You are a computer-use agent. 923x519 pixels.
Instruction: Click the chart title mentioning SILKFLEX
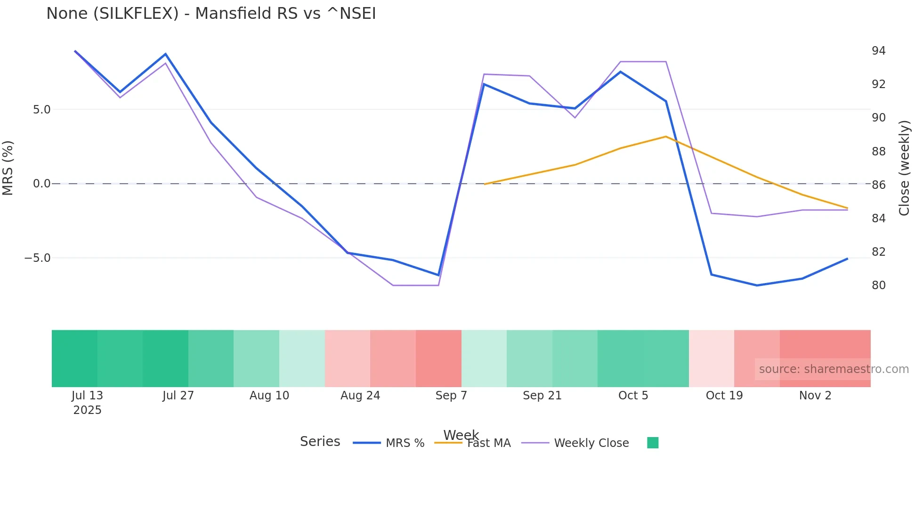[x=211, y=14]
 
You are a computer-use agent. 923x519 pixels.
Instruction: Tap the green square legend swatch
[x=652, y=443]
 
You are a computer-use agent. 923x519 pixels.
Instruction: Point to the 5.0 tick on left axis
[x=41, y=110]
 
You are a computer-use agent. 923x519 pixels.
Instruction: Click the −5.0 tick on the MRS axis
[x=38, y=258]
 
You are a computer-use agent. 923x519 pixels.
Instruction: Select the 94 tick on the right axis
[x=878, y=51]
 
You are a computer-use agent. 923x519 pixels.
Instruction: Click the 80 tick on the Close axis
[x=878, y=285]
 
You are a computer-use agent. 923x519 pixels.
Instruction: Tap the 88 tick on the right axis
[x=878, y=152]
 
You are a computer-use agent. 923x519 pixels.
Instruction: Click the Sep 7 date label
[x=451, y=396]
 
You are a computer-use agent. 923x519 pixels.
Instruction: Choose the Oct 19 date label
[x=724, y=396]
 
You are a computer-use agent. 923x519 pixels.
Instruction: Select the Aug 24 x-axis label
[x=360, y=396]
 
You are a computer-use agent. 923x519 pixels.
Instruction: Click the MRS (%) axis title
[x=8, y=168]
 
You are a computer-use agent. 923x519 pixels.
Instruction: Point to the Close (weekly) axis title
[x=904, y=168]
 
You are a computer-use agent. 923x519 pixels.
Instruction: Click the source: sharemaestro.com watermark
[x=834, y=369]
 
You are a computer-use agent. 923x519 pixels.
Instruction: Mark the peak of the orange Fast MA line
[x=665, y=137]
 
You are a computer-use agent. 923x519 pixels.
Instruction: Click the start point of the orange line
[x=485, y=184]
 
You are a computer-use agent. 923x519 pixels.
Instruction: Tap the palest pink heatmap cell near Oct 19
[x=711, y=358]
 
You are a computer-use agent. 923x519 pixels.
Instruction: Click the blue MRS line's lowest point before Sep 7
[x=438, y=275]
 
